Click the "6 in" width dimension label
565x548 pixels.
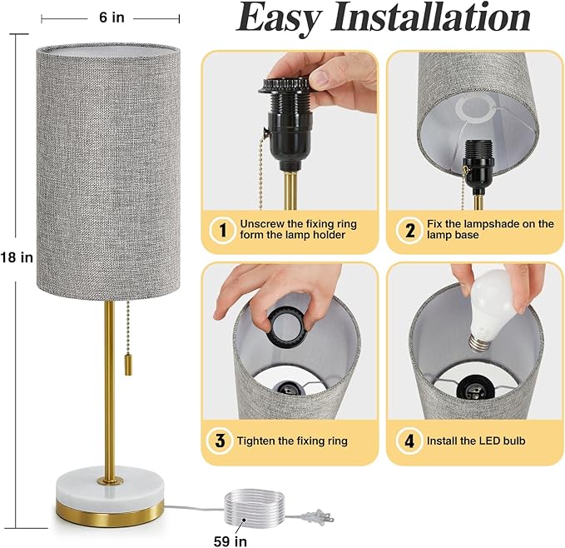pos(112,17)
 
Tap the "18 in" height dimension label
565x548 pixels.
pos(17,257)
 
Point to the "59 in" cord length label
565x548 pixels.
pos(230,541)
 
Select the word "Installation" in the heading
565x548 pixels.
pos(431,17)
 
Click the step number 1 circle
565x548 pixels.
pos(223,230)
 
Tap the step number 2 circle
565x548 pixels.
pos(409,230)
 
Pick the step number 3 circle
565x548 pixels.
pos(220,441)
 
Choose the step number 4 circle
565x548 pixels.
pos(409,441)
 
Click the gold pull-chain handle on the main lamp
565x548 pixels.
pos(128,366)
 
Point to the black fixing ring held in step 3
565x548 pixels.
pos(287,327)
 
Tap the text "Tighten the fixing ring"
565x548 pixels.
pos(292,441)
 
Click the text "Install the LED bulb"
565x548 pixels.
pos(476,441)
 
